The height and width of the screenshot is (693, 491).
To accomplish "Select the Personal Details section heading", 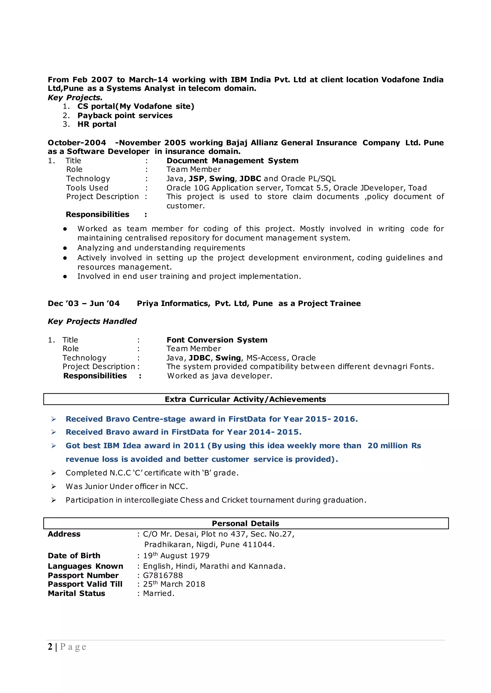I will (245, 523).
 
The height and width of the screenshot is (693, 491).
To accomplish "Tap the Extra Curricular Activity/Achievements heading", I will (245, 399).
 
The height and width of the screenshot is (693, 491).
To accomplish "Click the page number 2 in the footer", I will (50, 647).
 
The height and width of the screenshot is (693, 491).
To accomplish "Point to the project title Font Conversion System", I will (217, 340).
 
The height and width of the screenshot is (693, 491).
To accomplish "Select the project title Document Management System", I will (232, 161).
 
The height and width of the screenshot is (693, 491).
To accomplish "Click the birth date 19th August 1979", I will (176, 556).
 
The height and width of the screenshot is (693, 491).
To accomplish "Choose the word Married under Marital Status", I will (158, 593).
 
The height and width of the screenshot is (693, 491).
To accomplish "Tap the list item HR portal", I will (97, 125).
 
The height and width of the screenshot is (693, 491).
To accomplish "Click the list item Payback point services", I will (125, 115).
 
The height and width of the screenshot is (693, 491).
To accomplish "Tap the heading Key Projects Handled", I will (92, 321).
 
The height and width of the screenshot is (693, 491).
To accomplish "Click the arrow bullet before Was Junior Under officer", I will (53, 486).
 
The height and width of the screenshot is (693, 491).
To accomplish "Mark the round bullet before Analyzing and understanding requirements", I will (65, 248).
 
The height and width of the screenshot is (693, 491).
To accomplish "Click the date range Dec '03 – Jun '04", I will (83, 303).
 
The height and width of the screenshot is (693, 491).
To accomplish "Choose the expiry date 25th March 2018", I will (174, 584).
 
